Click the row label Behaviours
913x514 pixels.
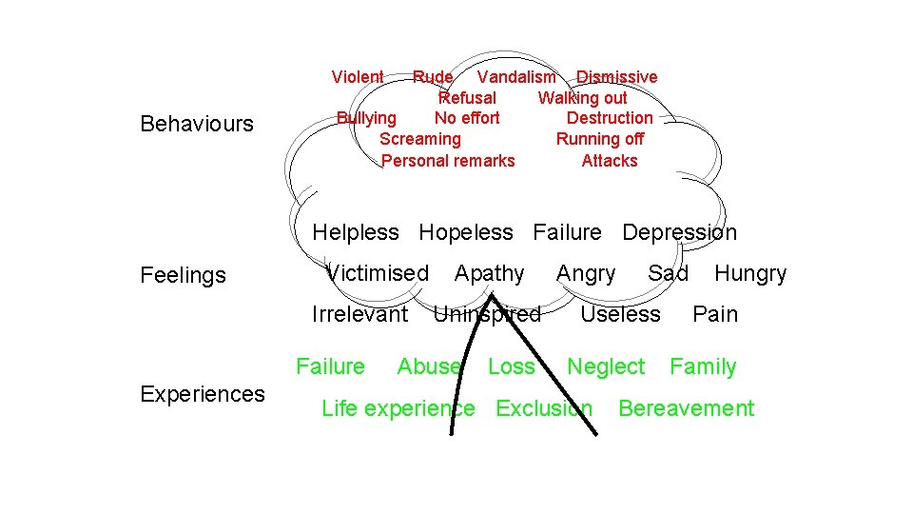tap(197, 124)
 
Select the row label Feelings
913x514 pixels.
tap(183, 276)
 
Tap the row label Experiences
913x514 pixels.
tap(203, 394)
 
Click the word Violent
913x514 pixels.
tap(358, 77)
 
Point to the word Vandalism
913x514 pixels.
tap(516, 77)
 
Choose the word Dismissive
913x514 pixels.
tap(616, 77)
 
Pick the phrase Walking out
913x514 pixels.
tap(582, 98)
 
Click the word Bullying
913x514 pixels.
tap(367, 118)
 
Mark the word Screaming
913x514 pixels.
tap(419, 139)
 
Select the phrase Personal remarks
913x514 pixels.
tap(448, 161)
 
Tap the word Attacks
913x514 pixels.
tap(610, 161)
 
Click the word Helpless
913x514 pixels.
tap(356, 232)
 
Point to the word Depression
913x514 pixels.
tap(679, 232)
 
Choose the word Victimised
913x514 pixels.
tap(378, 273)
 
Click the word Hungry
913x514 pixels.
tap(750, 274)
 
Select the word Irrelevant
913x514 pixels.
tap(359, 314)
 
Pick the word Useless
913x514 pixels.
tap(620, 314)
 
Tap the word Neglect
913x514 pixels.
tap(606, 366)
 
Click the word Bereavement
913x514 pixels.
tap(686, 408)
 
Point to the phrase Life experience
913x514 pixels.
tap(398, 408)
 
